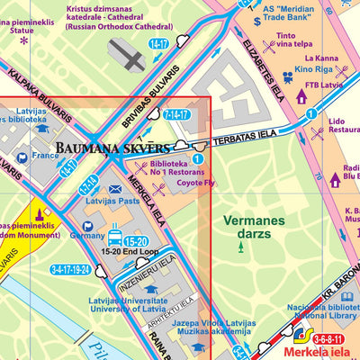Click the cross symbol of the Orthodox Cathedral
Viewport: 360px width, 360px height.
pyautogui.click(x=130, y=58)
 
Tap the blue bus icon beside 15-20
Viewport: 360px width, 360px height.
pyautogui.click(x=115, y=239)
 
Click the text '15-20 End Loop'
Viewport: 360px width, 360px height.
pyautogui.click(x=130, y=251)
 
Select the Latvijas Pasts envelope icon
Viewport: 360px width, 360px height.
pyautogui.click(x=115, y=189)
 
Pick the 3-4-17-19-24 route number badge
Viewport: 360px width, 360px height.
pyautogui.click(x=71, y=269)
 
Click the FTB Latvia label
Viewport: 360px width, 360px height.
pyautogui.click(x=325, y=85)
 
